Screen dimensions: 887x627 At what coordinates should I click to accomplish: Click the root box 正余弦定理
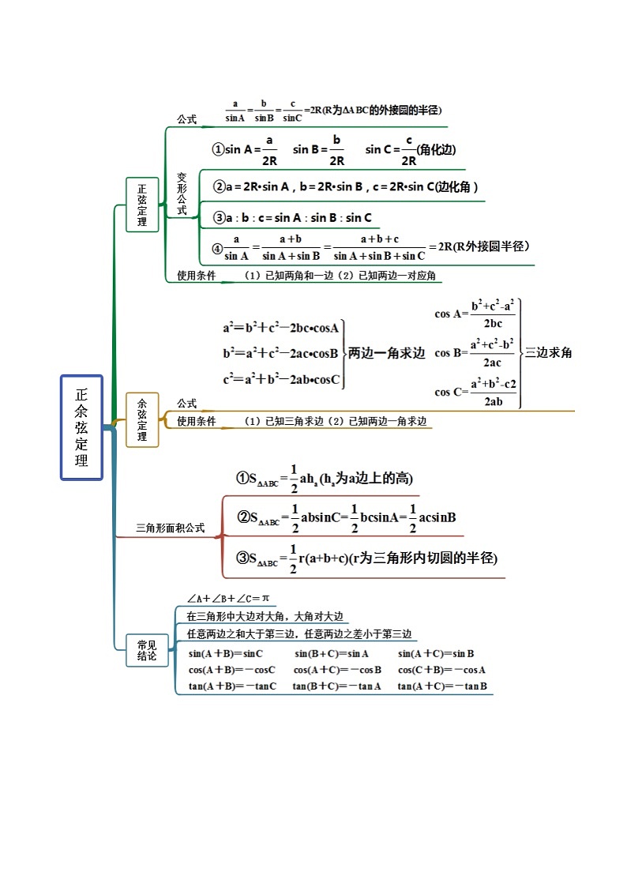(81, 427)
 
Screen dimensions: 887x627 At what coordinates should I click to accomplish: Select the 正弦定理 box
(142, 205)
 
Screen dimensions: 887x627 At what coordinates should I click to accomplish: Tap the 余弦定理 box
(142, 419)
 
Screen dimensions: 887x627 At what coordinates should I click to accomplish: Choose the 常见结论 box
(147, 650)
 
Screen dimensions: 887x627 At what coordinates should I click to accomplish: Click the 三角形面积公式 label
(170, 528)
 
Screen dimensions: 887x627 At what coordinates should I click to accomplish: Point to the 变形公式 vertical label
(182, 194)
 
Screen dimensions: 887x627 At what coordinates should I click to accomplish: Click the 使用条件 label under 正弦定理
(196, 276)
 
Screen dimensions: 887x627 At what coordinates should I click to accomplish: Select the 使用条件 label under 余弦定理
(196, 422)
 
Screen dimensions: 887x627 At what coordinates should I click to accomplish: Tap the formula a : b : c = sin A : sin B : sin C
(293, 218)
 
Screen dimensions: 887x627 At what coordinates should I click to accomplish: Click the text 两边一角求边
(386, 354)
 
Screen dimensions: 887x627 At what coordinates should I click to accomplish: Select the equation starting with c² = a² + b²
(281, 380)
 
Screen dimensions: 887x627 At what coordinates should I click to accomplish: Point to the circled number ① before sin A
(218, 149)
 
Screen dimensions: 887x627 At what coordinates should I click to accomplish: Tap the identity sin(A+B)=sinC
(226, 654)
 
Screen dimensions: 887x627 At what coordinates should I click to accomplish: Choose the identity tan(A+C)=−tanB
(442, 686)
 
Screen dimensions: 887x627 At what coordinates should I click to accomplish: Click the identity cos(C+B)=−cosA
(441, 670)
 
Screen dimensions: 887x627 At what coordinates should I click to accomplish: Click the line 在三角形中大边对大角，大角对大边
(265, 616)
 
